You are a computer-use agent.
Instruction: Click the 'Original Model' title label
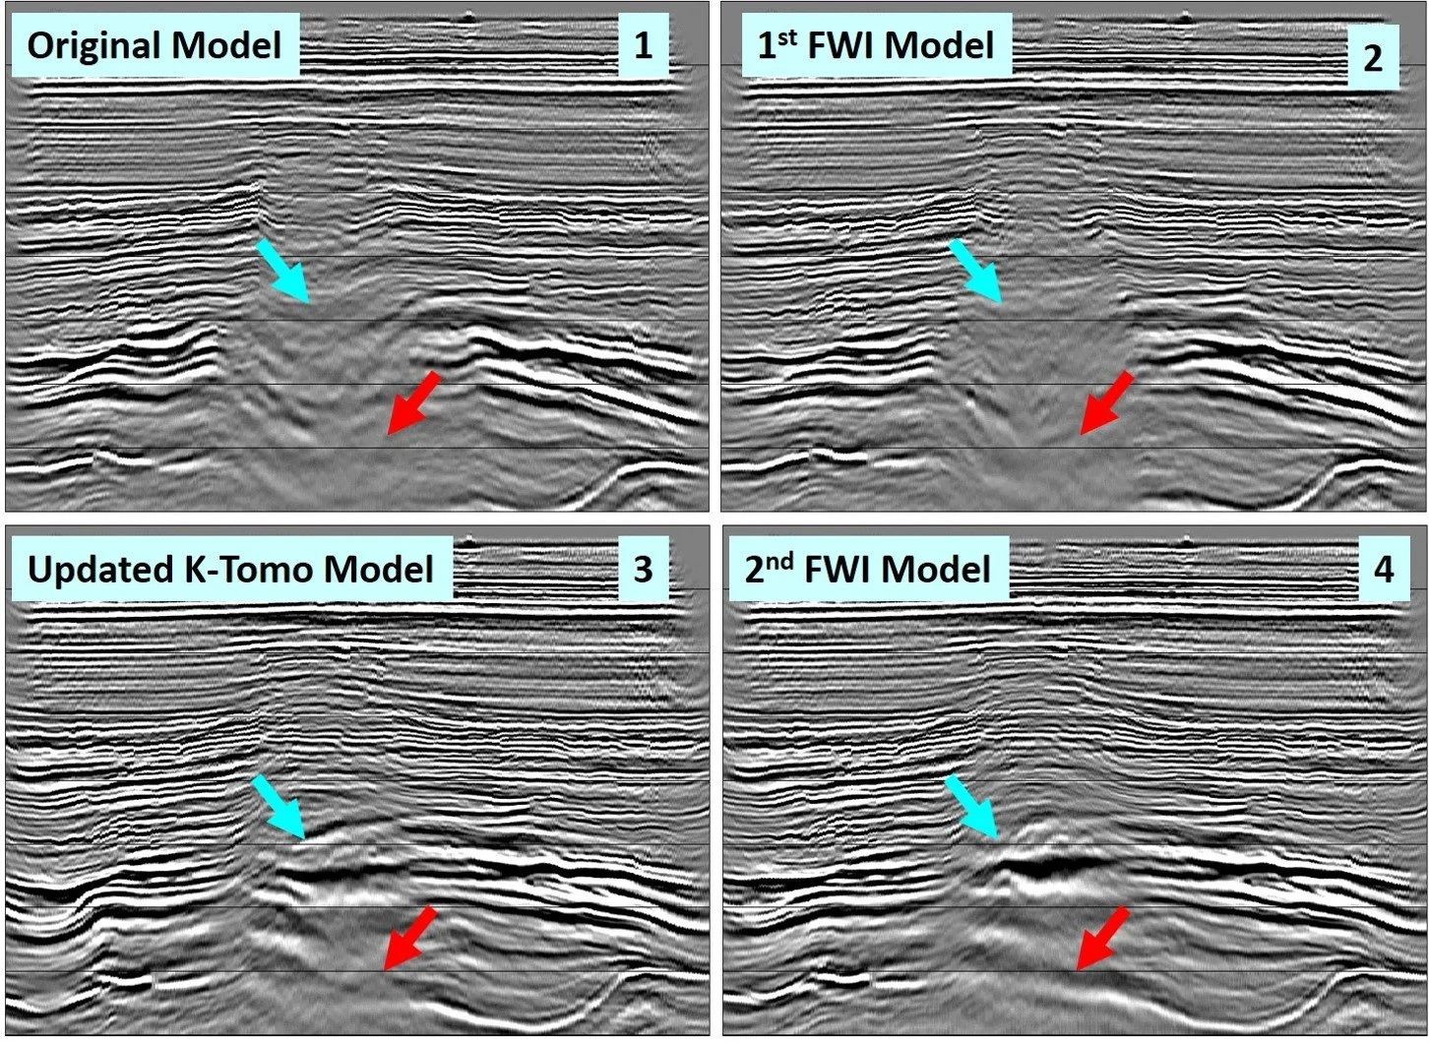pyautogui.click(x=154, y=45)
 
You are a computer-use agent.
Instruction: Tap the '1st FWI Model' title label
pyautogui.click(x=875, y=45)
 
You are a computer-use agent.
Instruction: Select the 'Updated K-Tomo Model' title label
pyautogui.click(x=230, y=570)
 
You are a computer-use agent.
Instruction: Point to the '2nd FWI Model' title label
pyautogui.click(x=867, y=570)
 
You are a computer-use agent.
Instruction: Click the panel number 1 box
pyautogui.click(x=643, y=45)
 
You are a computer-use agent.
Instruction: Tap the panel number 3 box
pyautogui.click(x=643, y=570)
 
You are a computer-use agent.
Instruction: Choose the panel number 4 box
pyautogui.click(x=1383, y=570)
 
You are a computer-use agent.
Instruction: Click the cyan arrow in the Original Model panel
pyautogui.click(x=284, y=271)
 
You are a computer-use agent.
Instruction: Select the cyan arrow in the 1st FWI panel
pyautogui.click(x=976, y=271)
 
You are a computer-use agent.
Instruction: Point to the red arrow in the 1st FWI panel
pyautogui.click(x=1106, y=403)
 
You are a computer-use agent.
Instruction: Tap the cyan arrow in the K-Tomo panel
pyautogui.click(x=280, y=807)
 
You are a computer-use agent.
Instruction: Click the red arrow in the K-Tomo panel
pyautogui.click(x=409, y=938)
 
